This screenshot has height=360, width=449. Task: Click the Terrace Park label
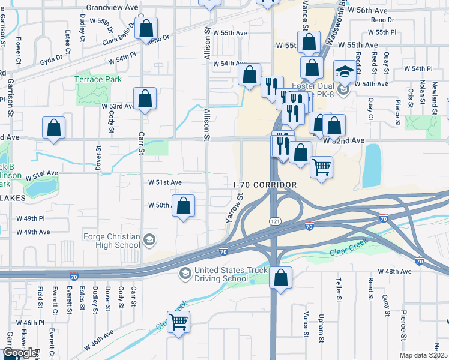click(98, 79)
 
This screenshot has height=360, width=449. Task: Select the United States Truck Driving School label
click(221, 274)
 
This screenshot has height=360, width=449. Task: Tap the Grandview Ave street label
click(109, 8)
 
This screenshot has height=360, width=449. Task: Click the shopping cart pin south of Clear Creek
click(178, 322)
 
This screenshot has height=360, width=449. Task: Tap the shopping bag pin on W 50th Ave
click(184, 206)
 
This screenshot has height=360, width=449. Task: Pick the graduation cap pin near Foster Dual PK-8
click(345, 73)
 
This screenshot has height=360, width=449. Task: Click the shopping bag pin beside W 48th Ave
click(280, 278)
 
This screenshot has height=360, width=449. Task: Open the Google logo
click(20, 353)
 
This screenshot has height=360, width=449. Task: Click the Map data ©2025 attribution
click(424, 355)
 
